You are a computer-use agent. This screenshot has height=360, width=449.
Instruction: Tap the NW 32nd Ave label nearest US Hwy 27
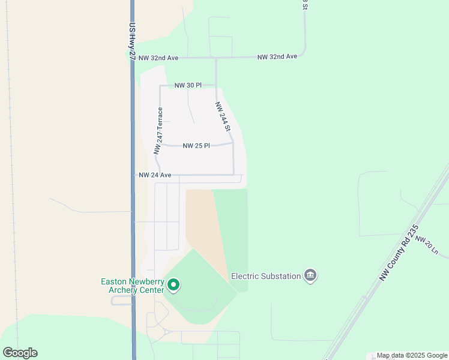click(158, 58)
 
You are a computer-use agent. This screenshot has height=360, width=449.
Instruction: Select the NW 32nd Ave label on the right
click(277, 56)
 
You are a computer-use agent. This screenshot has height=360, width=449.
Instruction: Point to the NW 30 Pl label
click(188, 86)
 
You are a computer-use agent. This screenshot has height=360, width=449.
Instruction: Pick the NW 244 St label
click(223, 116)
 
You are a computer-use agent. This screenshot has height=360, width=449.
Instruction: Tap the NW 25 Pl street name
click(196, 146)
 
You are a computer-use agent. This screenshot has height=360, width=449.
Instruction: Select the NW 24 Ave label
click(155, 175)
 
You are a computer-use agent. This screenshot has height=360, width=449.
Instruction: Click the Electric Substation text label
click(266, 276)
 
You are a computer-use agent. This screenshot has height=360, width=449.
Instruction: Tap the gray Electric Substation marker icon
click(310, 275)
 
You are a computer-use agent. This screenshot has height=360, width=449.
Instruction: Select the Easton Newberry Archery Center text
click(132, 286)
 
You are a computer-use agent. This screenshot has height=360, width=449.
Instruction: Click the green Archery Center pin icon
click(173, 285)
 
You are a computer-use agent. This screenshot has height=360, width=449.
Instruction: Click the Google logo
click(20, 353)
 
